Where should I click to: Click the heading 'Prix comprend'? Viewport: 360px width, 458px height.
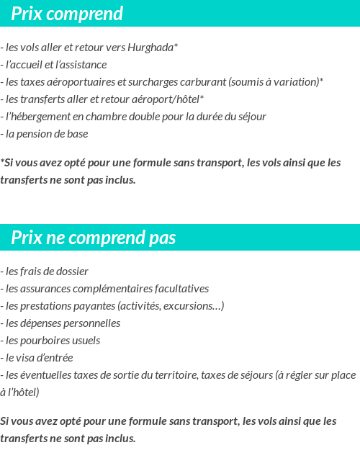[x=67, y=14]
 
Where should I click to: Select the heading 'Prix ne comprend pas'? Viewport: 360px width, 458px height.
[x=93, y=238]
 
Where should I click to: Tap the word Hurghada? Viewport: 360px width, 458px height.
[x=150, y=48]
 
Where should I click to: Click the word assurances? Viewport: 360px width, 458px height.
[x=42, y=289]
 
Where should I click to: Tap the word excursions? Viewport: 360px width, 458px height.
[x=195, y=306]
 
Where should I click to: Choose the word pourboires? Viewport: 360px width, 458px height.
[x=45, y=341]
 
